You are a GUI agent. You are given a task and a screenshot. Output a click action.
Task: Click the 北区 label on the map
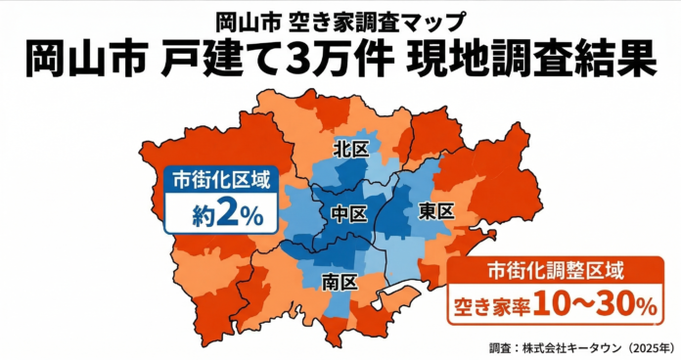(349, 150)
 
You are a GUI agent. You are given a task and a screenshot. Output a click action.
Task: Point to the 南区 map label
(339, 284)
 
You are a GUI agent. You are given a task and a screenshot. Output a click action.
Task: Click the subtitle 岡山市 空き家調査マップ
(340, 19)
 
